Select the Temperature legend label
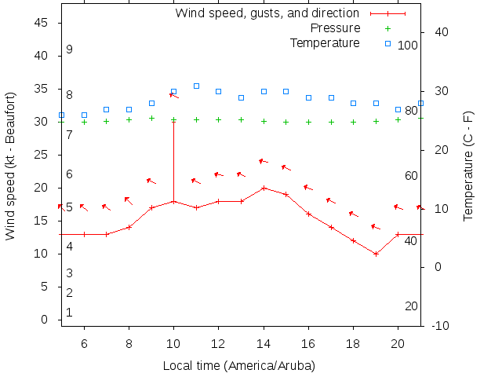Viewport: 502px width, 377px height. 325,42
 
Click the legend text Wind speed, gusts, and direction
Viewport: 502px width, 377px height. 267,13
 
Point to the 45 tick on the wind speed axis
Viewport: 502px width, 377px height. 42,24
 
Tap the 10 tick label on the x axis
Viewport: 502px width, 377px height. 173,343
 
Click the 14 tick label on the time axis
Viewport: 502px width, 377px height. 264,343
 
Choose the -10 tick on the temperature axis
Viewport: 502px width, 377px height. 440,326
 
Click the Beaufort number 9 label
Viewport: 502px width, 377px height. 70,49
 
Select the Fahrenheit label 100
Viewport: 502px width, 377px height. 408,46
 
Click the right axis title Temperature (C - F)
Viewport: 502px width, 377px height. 468,165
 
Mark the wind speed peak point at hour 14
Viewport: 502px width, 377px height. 264,188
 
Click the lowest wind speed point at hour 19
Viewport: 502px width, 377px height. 376,254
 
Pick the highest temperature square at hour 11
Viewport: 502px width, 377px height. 196,86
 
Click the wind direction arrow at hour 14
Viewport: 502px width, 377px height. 264,162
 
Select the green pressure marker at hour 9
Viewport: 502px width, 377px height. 151,118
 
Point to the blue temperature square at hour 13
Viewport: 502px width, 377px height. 242,97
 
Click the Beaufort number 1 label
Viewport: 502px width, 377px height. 70,313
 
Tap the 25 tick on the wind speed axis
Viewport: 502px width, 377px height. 42,156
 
